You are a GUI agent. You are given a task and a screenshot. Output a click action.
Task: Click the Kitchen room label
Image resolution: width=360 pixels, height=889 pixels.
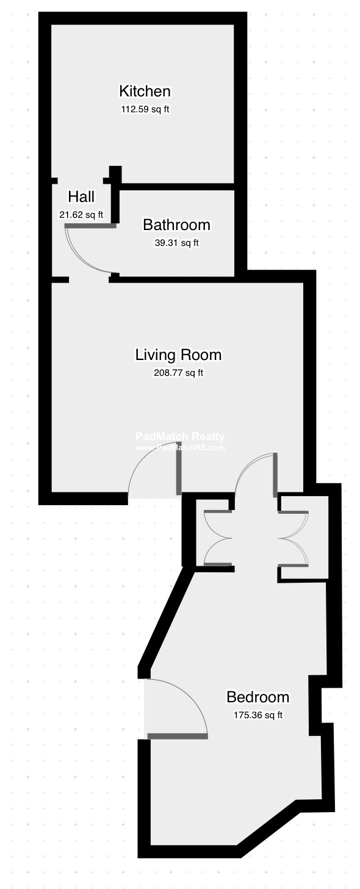pos(145,92)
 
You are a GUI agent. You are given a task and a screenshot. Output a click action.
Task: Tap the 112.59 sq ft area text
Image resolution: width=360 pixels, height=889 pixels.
pos(145,109)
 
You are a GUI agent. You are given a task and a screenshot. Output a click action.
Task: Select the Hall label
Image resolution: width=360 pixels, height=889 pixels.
pos(81,197)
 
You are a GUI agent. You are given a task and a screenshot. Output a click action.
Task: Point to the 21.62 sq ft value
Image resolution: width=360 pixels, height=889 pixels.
pos(81,215)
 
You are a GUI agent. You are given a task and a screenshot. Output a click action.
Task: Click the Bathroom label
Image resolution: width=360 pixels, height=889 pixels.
pos(176,225)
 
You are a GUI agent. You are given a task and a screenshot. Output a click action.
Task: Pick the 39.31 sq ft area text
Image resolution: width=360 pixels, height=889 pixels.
pos(176,243)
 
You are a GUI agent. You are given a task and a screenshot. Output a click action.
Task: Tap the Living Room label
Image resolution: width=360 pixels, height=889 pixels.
pos(178,355)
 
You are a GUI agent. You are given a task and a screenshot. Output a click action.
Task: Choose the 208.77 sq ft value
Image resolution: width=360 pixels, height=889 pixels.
pos(178,373)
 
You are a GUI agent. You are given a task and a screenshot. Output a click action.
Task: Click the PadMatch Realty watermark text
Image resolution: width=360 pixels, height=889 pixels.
pos(180,436)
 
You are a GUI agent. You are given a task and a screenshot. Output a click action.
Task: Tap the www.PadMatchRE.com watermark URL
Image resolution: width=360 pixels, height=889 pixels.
pos(180,448)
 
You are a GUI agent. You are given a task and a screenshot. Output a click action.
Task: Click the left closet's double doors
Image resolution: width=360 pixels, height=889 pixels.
pos(217,538)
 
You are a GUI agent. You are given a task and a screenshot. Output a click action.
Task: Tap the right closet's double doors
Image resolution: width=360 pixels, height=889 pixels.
pos(293,538)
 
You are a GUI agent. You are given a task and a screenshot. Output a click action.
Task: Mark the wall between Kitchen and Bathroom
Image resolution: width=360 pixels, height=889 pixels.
pos(177,187)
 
